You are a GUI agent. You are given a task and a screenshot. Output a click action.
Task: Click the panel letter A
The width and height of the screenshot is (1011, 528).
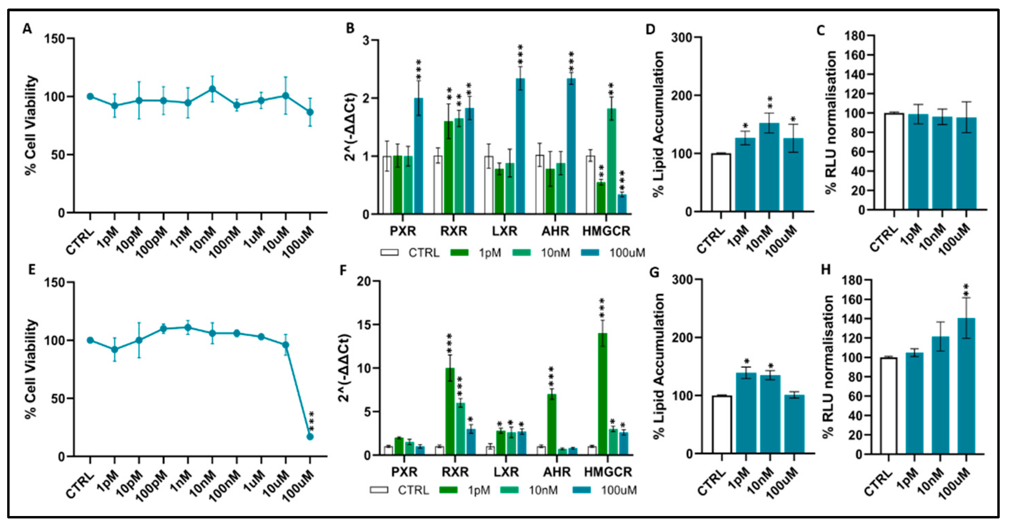pyautogui.click(x=27, y=29)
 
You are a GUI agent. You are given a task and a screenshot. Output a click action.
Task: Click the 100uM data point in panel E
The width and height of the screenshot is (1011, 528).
pyautogui.click(x=310, y=437)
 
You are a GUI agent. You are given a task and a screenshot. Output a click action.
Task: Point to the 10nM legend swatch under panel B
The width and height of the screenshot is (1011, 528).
pyautogui.click(x=522, y=253)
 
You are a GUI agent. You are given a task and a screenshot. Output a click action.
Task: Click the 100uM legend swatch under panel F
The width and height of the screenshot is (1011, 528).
pyautogui.click(x=581, y=490)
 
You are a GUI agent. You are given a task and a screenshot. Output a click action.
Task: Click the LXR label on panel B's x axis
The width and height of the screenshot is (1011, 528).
pyautogui.click(x=505, y=232)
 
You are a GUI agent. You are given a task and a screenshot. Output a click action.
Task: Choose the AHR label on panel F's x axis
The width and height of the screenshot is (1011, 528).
pyautogui.click(x=557, y=472)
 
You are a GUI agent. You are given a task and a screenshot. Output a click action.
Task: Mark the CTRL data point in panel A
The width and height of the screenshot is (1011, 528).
pyautogui.click(x=90, y=96)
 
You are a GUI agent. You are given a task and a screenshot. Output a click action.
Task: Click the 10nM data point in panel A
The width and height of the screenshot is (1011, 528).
pyautogui.click(x=212, y=89)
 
